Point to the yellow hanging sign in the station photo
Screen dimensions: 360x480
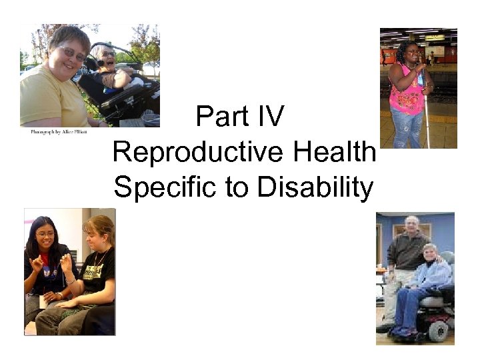(435, 37)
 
